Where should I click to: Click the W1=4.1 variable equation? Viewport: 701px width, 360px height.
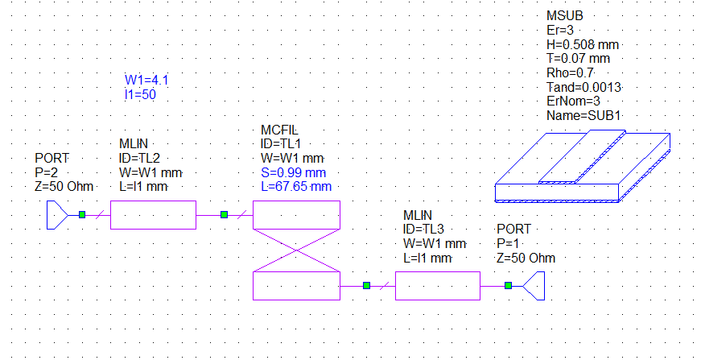(146, 80)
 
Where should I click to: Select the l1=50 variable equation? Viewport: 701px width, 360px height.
(140, 94)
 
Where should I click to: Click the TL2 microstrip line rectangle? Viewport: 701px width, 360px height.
(153, 216)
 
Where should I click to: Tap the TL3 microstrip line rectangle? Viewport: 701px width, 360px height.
(438, 285)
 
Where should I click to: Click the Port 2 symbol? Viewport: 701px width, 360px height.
(57, 215)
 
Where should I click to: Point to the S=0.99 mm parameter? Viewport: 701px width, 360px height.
(293, 172)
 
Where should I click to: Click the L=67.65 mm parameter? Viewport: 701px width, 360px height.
(296, 187)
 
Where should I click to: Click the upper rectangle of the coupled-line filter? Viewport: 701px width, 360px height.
(296, 216)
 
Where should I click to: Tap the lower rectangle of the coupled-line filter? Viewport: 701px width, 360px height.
(296, 285)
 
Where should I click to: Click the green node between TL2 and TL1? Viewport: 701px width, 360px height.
(225, 215)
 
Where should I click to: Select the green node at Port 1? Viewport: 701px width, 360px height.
(508, 285)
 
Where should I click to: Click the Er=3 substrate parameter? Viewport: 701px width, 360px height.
(561, 30)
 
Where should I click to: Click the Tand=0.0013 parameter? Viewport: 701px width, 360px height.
(585, 87)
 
